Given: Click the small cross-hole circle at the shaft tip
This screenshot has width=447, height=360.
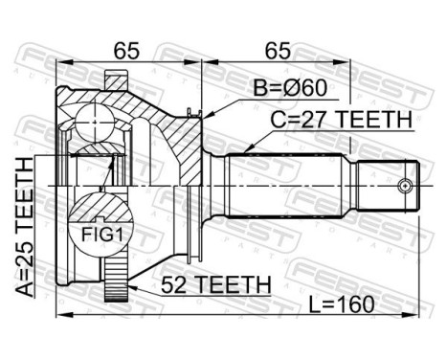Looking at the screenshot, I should (x=407, y=186).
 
